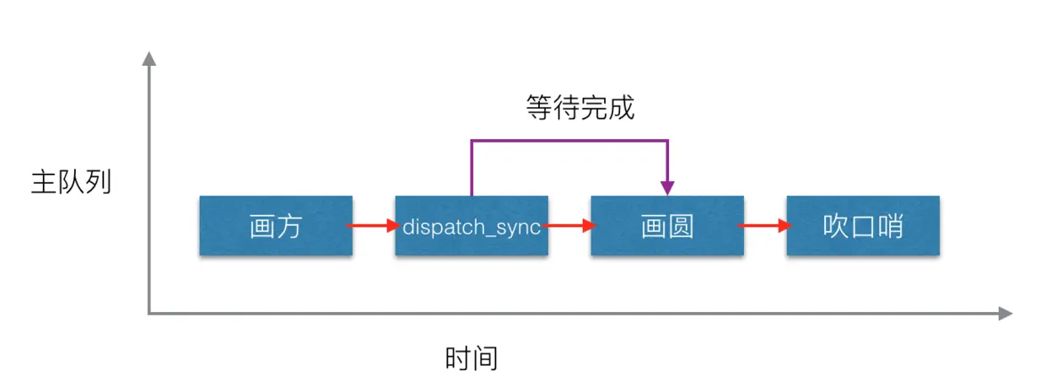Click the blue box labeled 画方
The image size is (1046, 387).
point(276,226)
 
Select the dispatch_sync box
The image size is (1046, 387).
point(472,226)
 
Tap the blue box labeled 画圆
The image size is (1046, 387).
point(667,226)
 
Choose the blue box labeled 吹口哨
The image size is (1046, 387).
point(863,226)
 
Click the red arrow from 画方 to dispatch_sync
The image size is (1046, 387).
point(373,226)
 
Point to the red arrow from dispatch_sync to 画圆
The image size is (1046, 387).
point(569,226)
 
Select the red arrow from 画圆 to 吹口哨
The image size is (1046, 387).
point(764,226)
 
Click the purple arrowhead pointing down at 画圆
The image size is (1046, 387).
point(667,187)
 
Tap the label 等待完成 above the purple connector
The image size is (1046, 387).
point(580,109)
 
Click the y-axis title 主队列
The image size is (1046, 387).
point(72,183)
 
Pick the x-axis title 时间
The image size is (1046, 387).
point(472,358)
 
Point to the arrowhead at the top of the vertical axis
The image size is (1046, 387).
point(149,58)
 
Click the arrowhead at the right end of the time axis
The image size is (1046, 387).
point(1005,314)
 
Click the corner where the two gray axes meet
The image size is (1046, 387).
point(149,314)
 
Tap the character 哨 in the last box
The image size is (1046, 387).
point(890,227)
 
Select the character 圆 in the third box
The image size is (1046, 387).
point(681,227)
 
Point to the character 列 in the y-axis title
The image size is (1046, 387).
point(99,183)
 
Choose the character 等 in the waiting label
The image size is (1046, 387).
point(539,109)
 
